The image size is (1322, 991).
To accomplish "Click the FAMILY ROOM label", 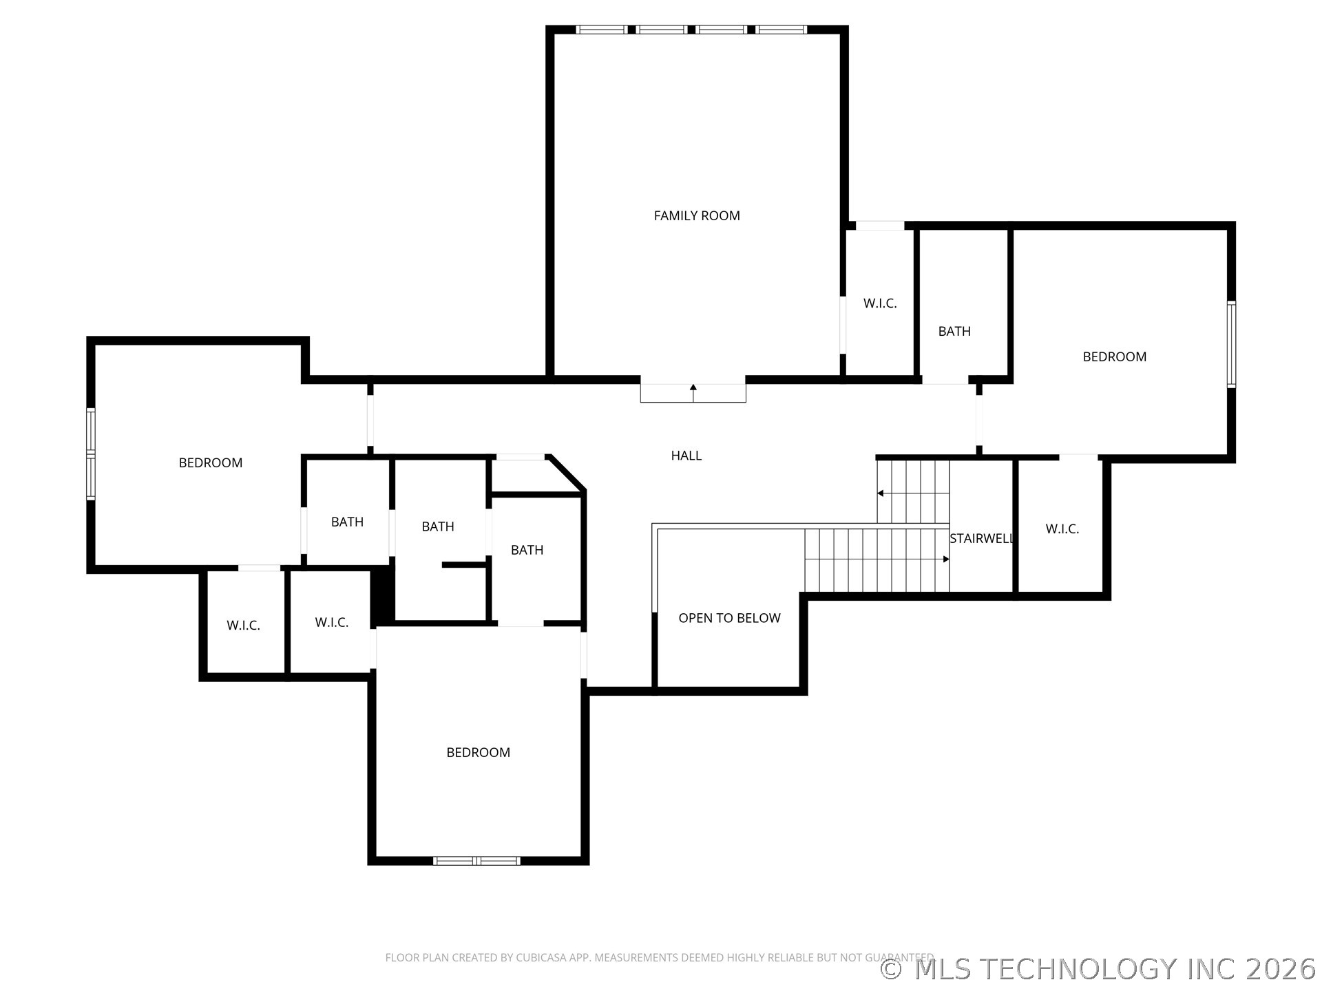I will point(696,216).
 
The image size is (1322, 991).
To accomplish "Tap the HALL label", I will point(686,456).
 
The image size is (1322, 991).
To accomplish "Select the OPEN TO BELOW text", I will point(729,618).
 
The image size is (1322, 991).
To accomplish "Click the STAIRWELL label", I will point(981,539).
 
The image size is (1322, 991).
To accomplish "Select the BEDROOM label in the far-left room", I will point(210,463).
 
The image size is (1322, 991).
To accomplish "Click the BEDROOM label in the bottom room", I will point(478,753).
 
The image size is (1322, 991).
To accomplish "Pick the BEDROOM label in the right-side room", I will point(1114,357).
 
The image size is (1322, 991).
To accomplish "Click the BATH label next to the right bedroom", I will point(954,332).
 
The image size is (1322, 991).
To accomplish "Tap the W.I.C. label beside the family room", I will point(880,303).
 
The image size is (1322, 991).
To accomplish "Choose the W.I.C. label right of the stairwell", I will point(1062,529).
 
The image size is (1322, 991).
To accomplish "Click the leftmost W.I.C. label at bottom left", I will point(243,626).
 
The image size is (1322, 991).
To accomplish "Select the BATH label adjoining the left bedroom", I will point(347,522).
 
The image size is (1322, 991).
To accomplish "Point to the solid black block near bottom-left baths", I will point(381,596).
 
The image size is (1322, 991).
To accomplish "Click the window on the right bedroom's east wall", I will point(1231,344).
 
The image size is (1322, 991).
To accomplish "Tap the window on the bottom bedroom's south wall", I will point(476,860).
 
